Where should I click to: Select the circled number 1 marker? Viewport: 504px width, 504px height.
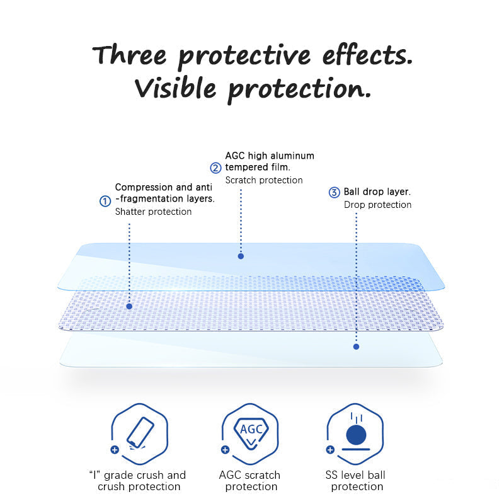[x=105, y=201]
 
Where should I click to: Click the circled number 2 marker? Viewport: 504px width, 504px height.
[x=215, y=168]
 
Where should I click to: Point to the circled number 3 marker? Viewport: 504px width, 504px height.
[x=335, y=192]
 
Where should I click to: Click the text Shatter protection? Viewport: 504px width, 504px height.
[x=153, y=212]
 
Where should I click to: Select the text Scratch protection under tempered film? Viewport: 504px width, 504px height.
[x=263, y=180]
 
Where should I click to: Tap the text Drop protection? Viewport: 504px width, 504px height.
[x=377, y=205]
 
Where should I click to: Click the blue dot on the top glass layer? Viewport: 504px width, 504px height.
[x=241, y=256]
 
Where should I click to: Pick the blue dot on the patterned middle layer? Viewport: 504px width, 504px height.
[x=129, y=306]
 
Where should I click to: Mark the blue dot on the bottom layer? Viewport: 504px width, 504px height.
[x=356, y=346]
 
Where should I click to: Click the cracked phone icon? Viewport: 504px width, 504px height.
[x=139, y=433]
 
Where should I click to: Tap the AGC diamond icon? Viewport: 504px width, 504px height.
[x=251, y=431]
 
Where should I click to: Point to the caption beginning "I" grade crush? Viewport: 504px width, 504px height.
[x=139, y=481]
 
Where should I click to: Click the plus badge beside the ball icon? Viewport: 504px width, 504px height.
[x=330, y=450]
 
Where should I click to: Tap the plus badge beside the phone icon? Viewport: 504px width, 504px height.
[x=114, y=450]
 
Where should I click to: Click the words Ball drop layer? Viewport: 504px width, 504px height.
[x=377, y=192]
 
